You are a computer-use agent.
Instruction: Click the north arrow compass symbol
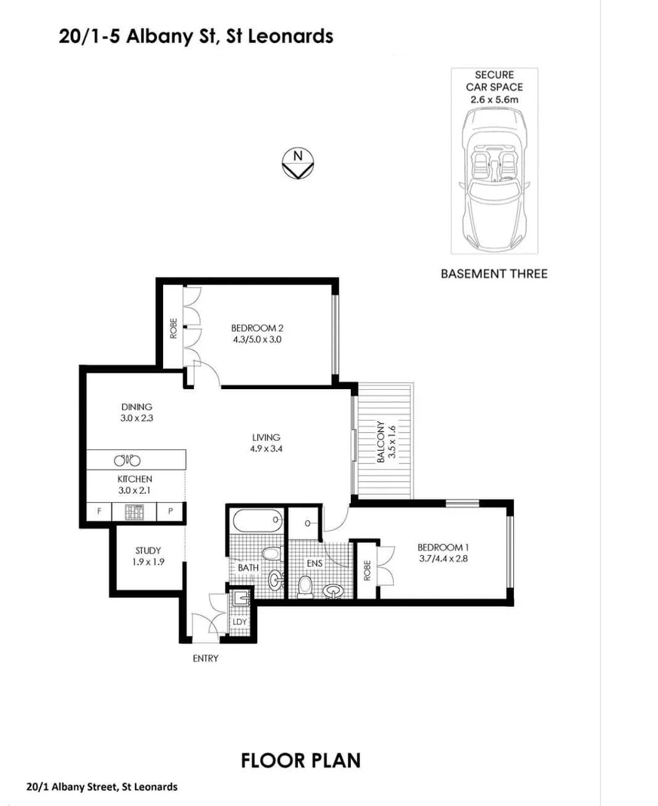[x=297, y=162]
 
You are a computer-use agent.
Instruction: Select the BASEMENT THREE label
[x=493, y=273]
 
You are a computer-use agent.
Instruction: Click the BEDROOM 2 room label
[x=257, y=328]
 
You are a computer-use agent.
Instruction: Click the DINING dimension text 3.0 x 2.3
[x=137, y=418]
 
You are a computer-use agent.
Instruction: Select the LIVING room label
[x=266, y=437]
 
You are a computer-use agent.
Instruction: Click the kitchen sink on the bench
[x=127, y=460]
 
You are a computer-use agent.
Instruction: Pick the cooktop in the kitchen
[x=134, y=512]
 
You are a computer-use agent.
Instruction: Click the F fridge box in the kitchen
[x=98, y=512]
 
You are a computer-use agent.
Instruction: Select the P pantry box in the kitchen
[x=171, y=512]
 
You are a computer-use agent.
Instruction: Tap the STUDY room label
[x=149, y=551]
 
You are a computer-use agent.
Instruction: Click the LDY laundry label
[x=240, y=621]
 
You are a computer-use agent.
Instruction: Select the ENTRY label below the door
[x=205, y=658]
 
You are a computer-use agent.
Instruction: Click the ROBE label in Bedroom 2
[x=173, y=329]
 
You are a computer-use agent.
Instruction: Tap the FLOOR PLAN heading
[x=300, y=760]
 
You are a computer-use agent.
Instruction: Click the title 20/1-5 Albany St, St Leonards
[x=195, y=35]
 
